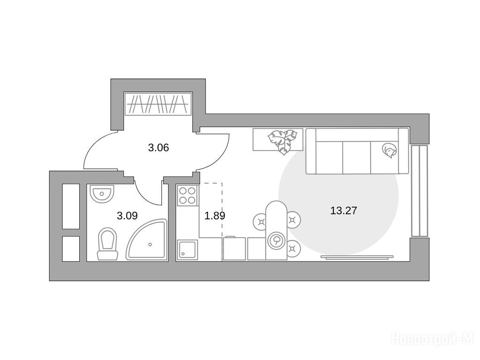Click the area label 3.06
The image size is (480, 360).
tap(158, 148)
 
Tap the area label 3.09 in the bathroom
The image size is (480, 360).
tap(127, 216)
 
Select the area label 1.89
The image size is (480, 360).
tap(215, 216)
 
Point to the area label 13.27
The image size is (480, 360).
tap(344, 210)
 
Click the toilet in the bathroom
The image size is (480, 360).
tap(107, 244)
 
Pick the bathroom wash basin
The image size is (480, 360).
tap(102, 194)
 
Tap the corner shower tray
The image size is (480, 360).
tap(147, 240)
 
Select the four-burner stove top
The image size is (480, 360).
tap(187, 195)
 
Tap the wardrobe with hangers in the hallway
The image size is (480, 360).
tap(158, 104)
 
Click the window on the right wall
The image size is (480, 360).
tap(419, 191)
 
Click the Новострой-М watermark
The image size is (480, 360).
tap(433, 339)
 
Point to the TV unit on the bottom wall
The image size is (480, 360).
tap(357, 257)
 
